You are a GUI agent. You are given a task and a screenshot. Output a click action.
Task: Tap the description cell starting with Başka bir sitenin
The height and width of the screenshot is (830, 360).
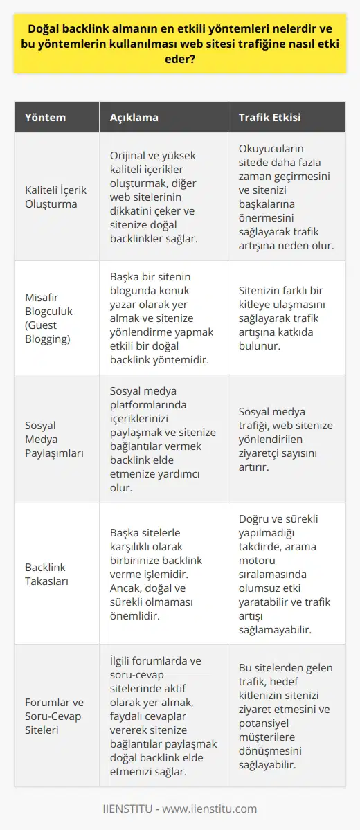click(163, 318)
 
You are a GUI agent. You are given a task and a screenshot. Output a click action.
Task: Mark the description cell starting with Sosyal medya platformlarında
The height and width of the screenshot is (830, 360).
click(163, 439)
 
